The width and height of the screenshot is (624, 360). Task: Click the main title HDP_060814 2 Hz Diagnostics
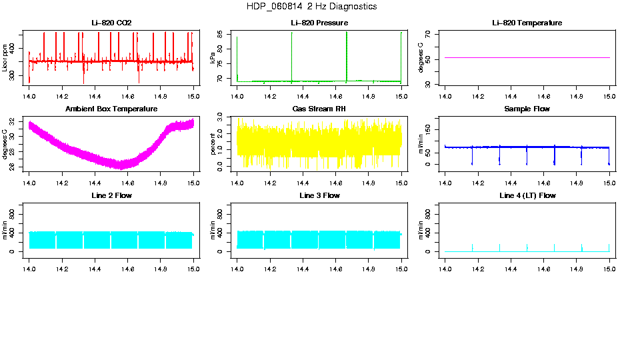tap(311, 7)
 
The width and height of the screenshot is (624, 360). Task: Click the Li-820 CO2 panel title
tap(111, 23)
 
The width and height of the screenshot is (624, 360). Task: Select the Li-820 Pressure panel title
tap(319, 23)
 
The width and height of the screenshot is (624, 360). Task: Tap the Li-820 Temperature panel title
tap(527, 23)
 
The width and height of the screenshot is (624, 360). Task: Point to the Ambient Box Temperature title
tap(111, 109)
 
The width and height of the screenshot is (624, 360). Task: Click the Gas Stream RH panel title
tap(319, 109)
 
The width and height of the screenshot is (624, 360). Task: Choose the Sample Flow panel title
tap(527, 109)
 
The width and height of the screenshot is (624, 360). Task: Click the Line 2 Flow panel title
tap(111, 195)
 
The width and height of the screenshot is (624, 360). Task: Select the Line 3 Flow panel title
tap(319, 195)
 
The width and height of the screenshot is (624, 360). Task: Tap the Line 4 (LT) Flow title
tap(527, 195)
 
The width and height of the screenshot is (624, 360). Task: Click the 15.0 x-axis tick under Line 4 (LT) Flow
tap(609, 269)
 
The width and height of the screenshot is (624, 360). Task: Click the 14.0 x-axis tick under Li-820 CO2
tap(29, 96)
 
